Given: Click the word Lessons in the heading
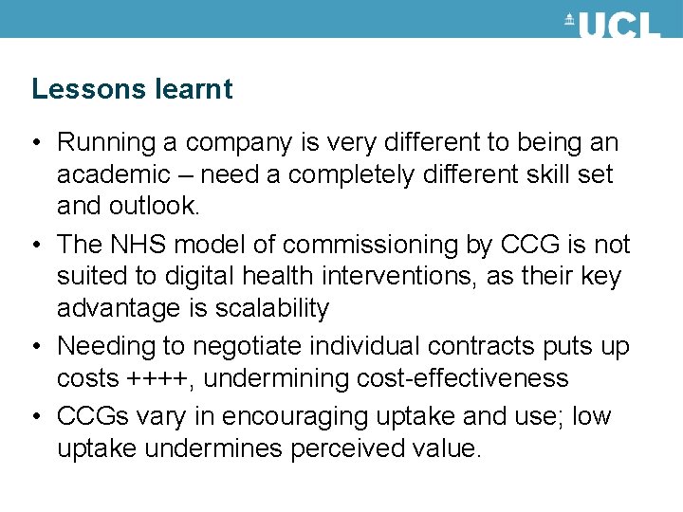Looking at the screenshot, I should pos(88,89).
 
